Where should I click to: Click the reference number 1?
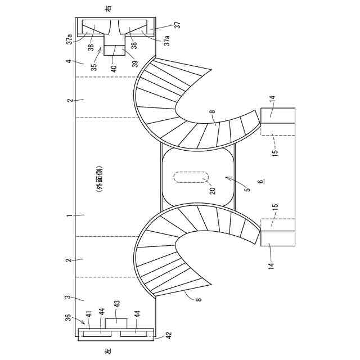pos(69,215)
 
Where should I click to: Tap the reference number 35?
pos(94,66)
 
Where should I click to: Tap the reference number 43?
pos(117,304)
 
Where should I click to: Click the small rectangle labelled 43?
pos(116,323)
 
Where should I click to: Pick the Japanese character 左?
pos(109,350)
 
